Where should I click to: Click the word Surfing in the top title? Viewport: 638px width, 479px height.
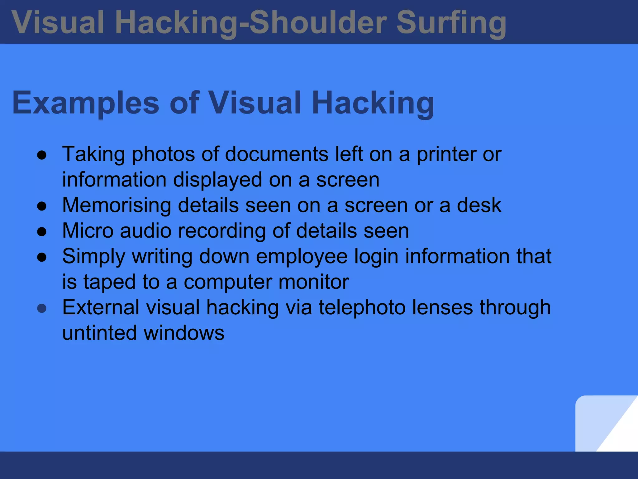point(451,22)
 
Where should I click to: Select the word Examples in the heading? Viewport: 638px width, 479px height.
point(86,103)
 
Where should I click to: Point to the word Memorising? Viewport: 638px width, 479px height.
point(117,205)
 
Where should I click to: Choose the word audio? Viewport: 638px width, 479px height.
point(145,231)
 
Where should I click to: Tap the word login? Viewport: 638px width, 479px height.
point(376,257)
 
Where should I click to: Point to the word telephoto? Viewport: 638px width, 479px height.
point(362,307)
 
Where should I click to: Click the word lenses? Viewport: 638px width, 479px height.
point(442,307)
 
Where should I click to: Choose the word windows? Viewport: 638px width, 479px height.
point(184,333)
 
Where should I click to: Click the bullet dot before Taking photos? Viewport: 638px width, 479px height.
point(42,155)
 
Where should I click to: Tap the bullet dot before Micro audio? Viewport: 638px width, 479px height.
point(42,232)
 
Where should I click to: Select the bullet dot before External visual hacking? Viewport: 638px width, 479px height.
point(42,308)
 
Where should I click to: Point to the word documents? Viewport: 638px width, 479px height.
point(276,154)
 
